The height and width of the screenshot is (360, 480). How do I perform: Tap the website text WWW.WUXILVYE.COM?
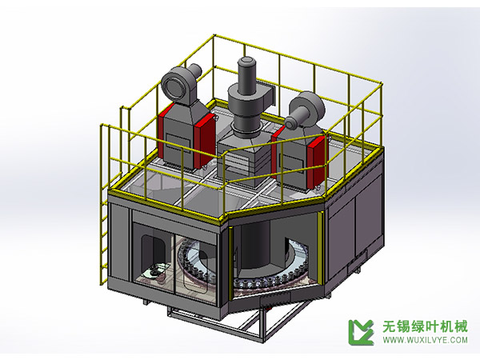(x=425, y=340)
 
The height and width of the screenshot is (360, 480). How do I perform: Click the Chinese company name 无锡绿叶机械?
(x=425, y=325)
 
